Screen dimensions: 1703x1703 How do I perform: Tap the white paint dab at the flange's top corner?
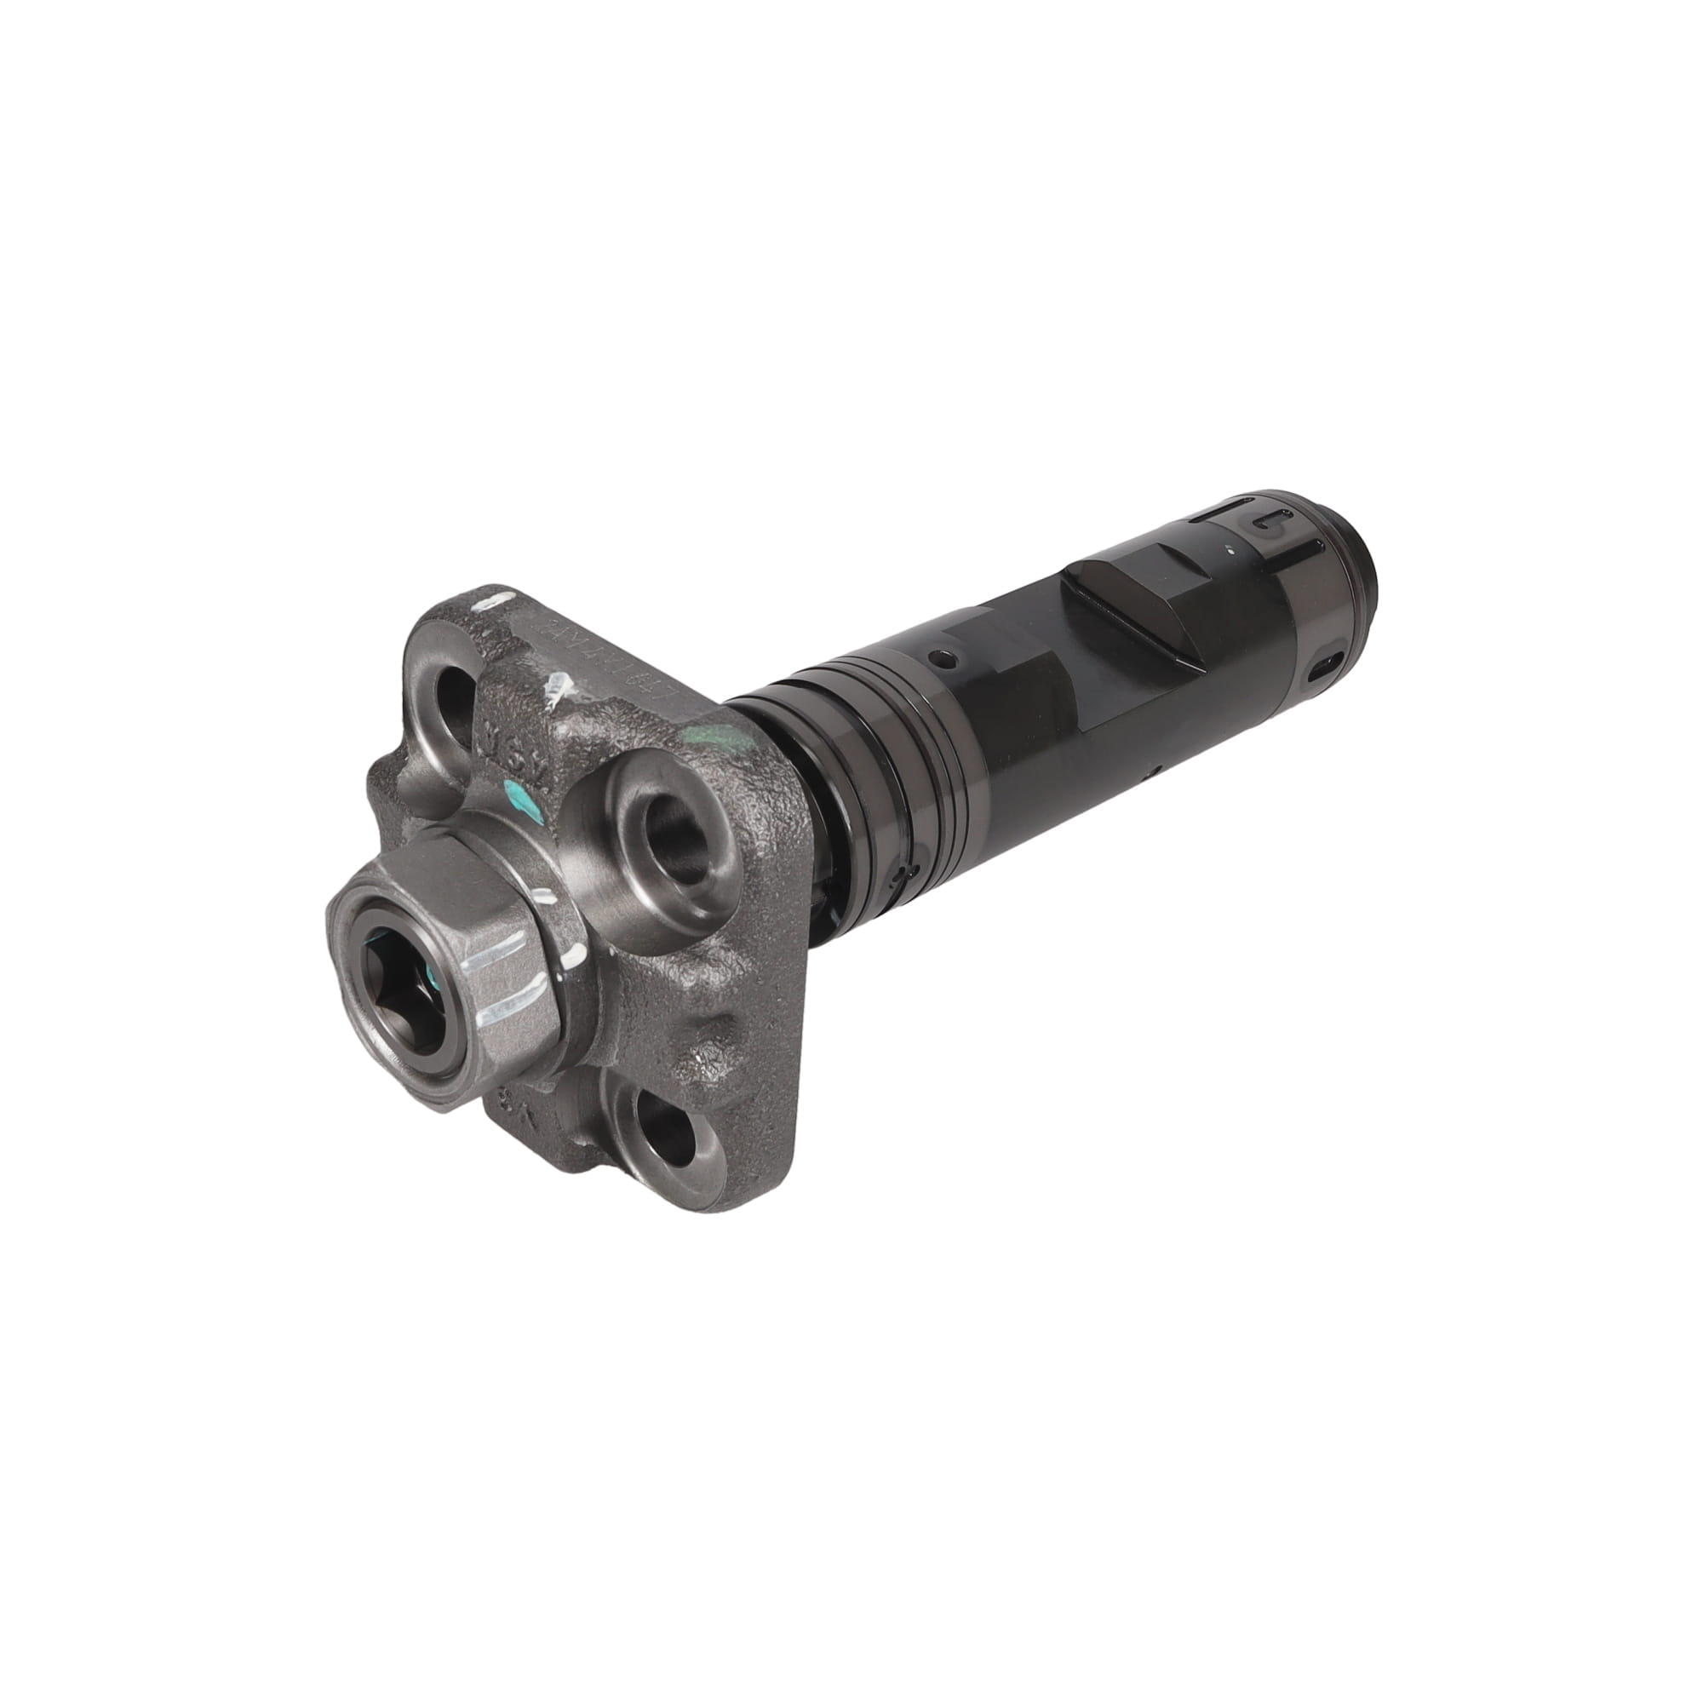click(x=487, y=605)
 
